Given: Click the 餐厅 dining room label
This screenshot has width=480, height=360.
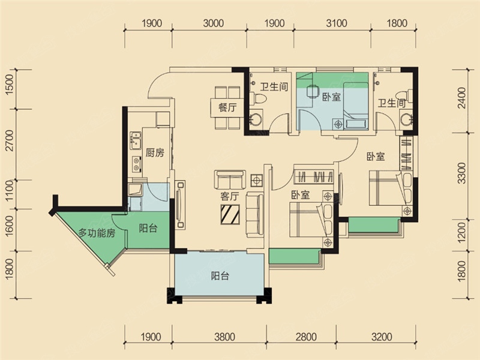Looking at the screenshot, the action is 227,107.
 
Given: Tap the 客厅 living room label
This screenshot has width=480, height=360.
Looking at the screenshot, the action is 230,196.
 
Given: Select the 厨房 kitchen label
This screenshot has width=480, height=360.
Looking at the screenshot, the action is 155,152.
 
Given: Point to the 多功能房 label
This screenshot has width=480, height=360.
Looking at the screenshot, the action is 97,233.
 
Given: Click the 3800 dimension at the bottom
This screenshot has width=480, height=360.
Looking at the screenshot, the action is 224,337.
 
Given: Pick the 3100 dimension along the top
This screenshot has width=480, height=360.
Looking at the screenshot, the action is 337,23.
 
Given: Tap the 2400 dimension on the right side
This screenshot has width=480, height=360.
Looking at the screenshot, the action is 461,98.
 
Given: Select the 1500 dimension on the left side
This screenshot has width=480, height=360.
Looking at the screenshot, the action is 10,85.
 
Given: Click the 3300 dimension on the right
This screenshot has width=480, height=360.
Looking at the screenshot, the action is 461,173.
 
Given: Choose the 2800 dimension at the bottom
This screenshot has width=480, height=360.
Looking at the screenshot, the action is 306,337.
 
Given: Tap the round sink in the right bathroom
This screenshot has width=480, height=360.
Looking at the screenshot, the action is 406,119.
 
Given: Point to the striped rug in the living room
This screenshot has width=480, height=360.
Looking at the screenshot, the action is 230,214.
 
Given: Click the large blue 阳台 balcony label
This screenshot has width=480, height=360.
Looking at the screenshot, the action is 220,276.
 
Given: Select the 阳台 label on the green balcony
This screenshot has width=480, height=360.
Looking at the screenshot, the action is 148,228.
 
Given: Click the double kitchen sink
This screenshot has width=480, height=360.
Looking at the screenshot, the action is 135,140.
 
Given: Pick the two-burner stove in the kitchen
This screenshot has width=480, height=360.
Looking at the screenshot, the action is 137,164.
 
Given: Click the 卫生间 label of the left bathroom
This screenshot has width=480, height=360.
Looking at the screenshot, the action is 274,86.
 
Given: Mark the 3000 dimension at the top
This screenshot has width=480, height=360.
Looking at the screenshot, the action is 214,23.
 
